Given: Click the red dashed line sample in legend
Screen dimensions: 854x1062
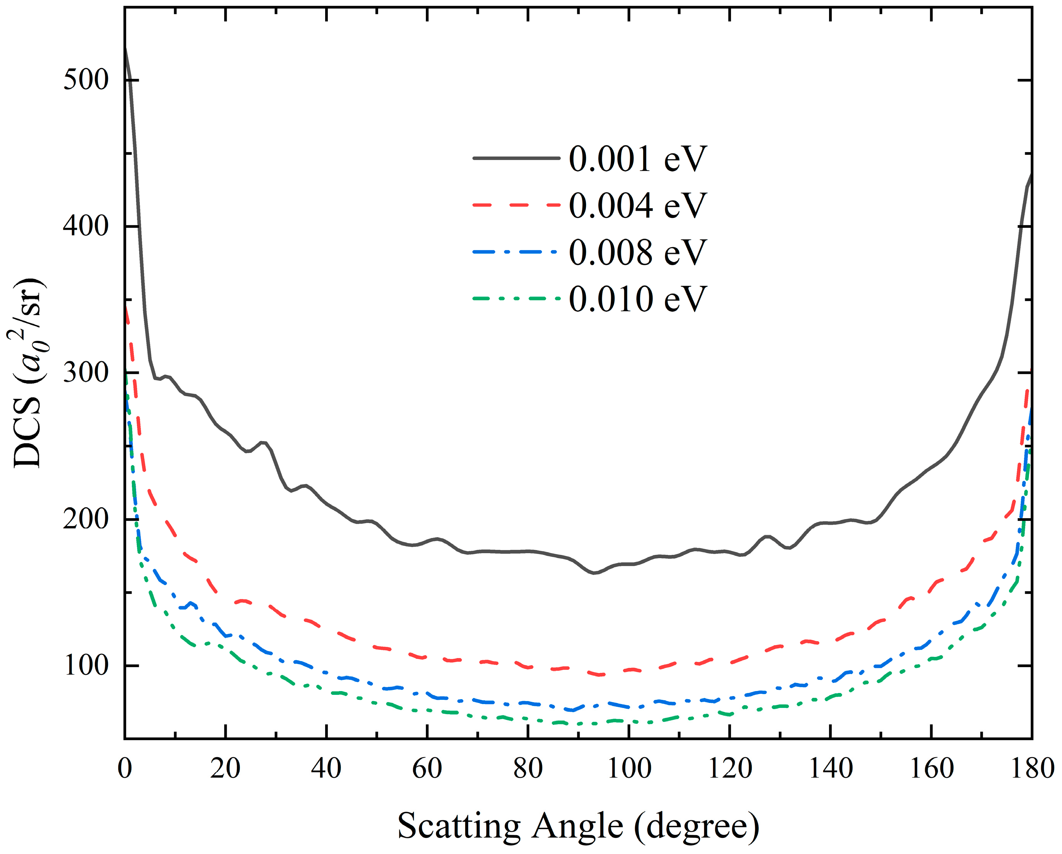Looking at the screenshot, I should [x=516, y=204].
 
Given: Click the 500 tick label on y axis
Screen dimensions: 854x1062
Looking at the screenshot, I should [x=86, y=80].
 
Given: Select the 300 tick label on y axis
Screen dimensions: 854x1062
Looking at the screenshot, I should [x=86, y=372].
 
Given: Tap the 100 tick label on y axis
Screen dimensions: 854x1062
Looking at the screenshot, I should [x=86, y=665].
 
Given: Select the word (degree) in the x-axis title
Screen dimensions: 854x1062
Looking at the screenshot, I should [x=696, y=826].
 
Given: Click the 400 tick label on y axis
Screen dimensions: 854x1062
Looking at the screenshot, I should [x=86, y=226].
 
